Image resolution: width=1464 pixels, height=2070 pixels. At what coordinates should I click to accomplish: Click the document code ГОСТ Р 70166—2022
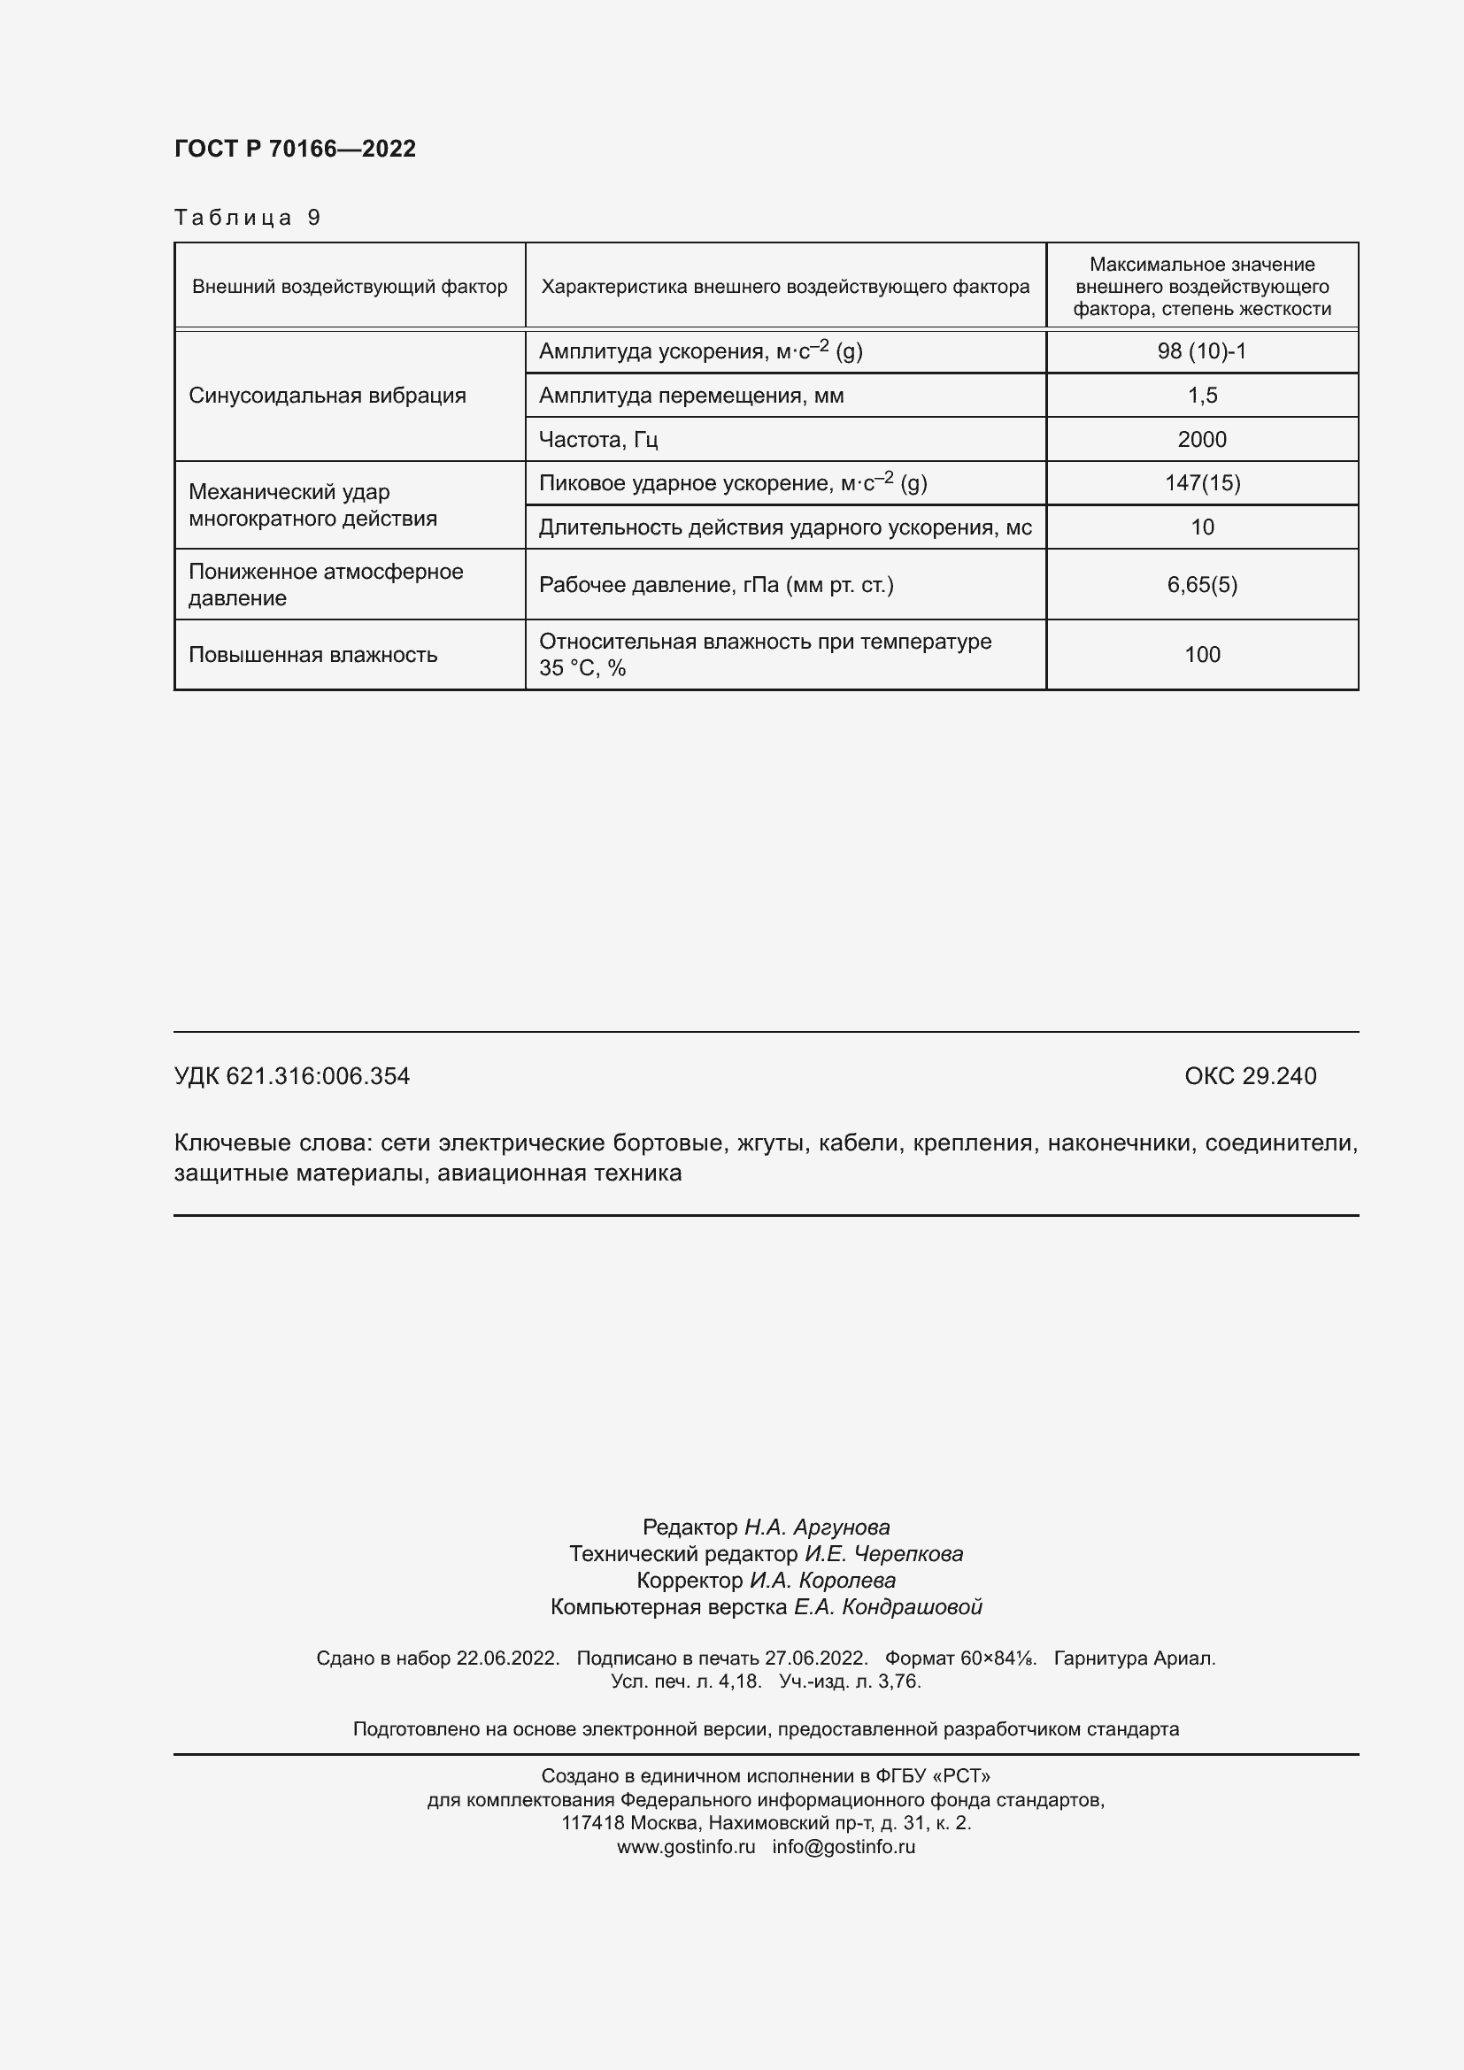coord(295,149)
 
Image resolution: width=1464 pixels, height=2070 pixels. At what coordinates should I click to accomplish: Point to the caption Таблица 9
coord(247,218)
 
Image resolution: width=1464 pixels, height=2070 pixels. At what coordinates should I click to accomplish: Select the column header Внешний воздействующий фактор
coord(350,287)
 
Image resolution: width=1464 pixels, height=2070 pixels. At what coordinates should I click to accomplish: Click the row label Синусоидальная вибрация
coord(327,395)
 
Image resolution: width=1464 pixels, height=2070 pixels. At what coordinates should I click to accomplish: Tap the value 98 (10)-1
coord(1202,350)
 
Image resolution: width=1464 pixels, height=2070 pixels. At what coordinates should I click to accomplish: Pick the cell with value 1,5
coord(1202,395)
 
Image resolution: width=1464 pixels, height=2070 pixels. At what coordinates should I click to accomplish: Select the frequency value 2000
coord(1202,439)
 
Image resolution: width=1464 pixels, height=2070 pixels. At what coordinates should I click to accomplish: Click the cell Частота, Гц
coord(598,439)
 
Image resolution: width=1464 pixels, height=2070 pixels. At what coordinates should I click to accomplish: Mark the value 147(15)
coord(1202,482)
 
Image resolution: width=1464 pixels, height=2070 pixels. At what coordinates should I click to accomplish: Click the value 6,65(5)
coord(1202,584)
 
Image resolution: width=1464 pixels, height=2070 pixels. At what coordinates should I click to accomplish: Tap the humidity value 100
coord(1202,655)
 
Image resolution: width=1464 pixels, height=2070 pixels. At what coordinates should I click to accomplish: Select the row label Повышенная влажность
coord(312,655)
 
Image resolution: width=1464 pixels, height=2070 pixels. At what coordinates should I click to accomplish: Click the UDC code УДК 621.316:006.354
coord(292,1075)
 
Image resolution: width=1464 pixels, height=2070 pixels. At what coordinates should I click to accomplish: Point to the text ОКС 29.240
coord(1250,1075)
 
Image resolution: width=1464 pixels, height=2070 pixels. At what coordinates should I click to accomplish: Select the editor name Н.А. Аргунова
coord(817,1527)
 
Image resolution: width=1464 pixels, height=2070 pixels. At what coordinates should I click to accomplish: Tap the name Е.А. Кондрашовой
coord(887,1606)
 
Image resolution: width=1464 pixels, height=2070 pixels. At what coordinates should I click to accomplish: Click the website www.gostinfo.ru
coord(686,1846)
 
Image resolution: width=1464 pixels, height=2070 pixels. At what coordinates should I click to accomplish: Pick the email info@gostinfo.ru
coord(843,1846)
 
